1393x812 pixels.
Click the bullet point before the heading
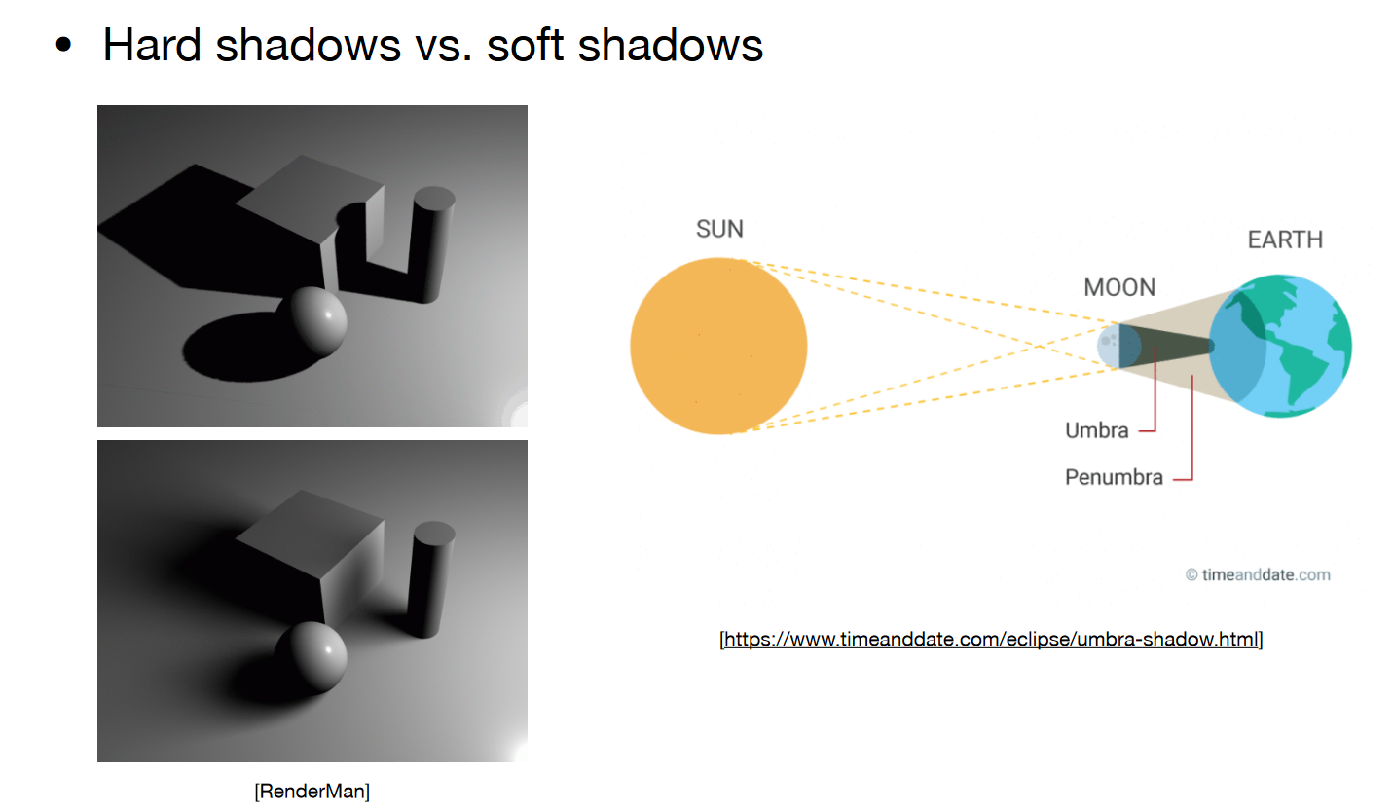63,45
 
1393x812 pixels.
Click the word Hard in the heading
152,45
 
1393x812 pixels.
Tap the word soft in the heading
526,45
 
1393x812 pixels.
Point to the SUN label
719,229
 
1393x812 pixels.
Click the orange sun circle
718,346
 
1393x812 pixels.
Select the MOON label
1119,287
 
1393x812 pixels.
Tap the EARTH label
1285,240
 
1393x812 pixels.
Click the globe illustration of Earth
1280,346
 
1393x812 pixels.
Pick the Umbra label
1096,430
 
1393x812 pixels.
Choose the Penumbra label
1114,477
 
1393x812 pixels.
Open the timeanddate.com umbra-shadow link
991,639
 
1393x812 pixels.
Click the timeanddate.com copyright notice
1258,575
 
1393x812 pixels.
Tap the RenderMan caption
312,792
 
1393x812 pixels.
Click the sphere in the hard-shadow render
311,320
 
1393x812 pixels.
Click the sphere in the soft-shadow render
311,657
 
